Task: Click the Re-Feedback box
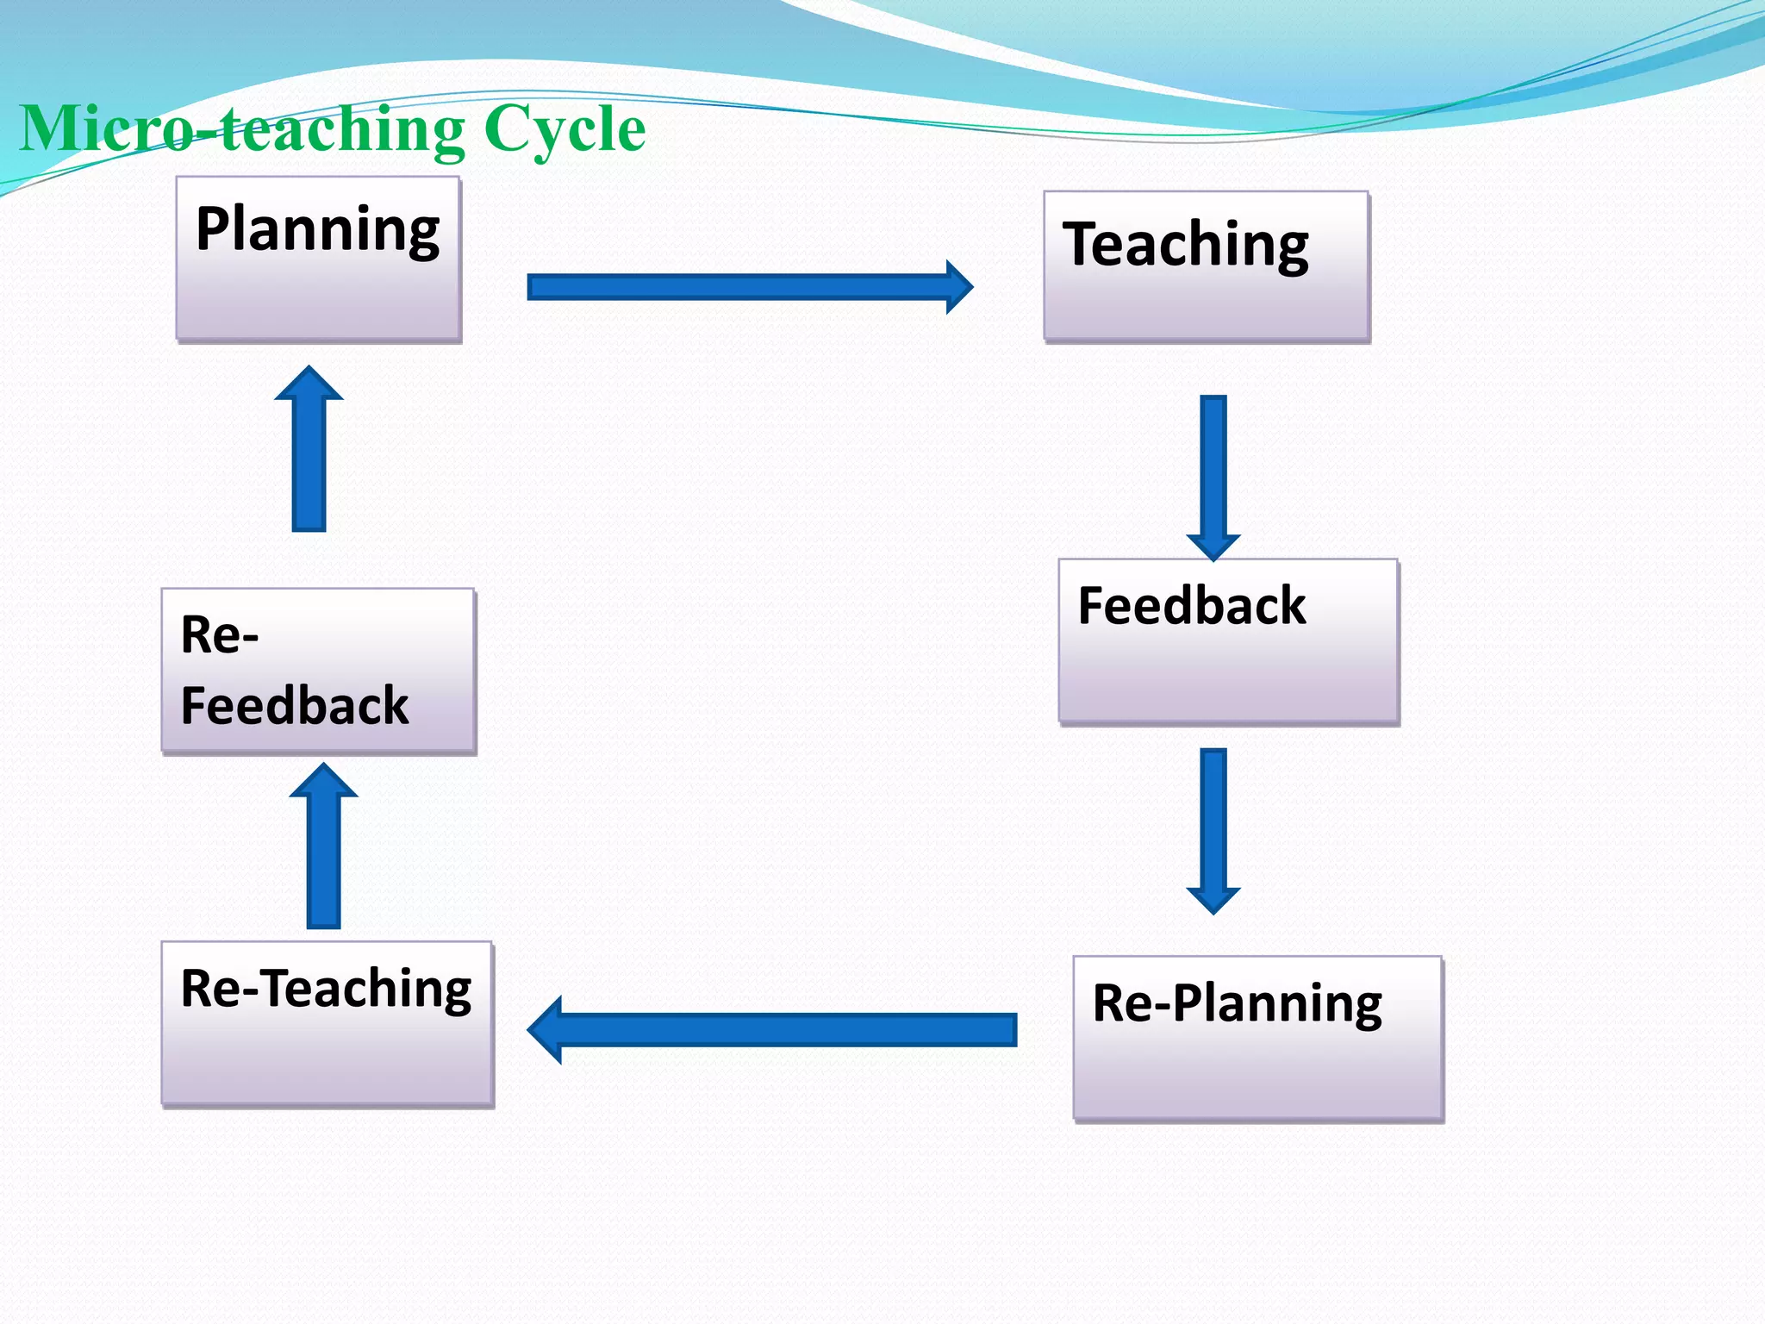(318, 671)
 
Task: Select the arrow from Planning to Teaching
(741, 287)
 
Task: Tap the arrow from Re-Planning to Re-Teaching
(776, 1029)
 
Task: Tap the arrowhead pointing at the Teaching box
(959, 287)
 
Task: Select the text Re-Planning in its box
(1237, 1003)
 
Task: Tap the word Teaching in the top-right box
(1185, 245)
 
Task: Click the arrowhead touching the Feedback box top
(1213, 546)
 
